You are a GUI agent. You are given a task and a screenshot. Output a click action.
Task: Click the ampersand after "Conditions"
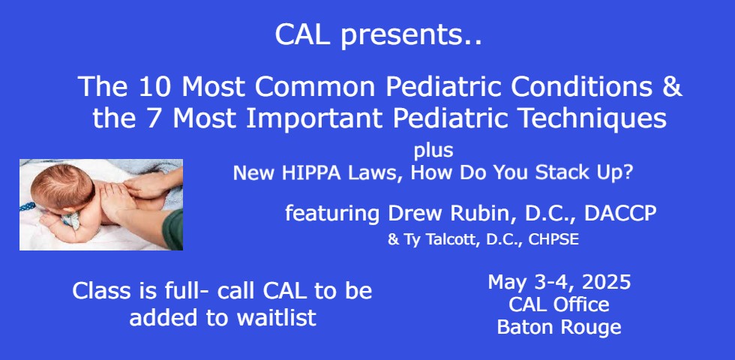click(x=671, y=87)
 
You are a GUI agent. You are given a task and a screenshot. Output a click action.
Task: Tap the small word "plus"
click(x=433, y=151)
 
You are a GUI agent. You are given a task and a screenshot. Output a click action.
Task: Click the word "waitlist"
click(x=276, y=318)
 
